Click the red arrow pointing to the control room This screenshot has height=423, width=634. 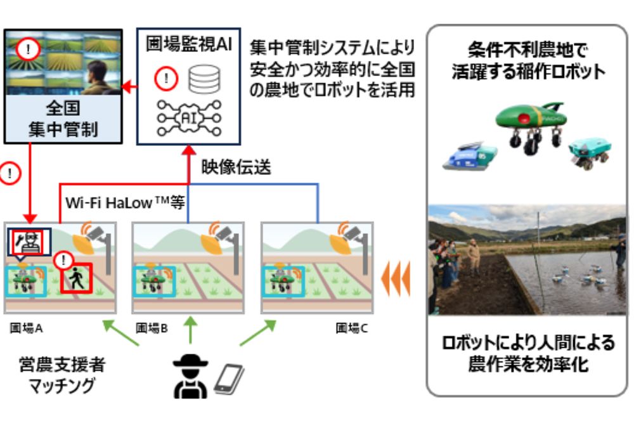[x=129, y=86]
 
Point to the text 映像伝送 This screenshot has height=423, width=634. [x=236, y=167]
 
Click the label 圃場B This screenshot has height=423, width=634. [x=152, y=329]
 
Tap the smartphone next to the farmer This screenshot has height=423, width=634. [x=228, y=379]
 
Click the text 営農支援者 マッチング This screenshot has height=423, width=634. [x=62, y=375]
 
